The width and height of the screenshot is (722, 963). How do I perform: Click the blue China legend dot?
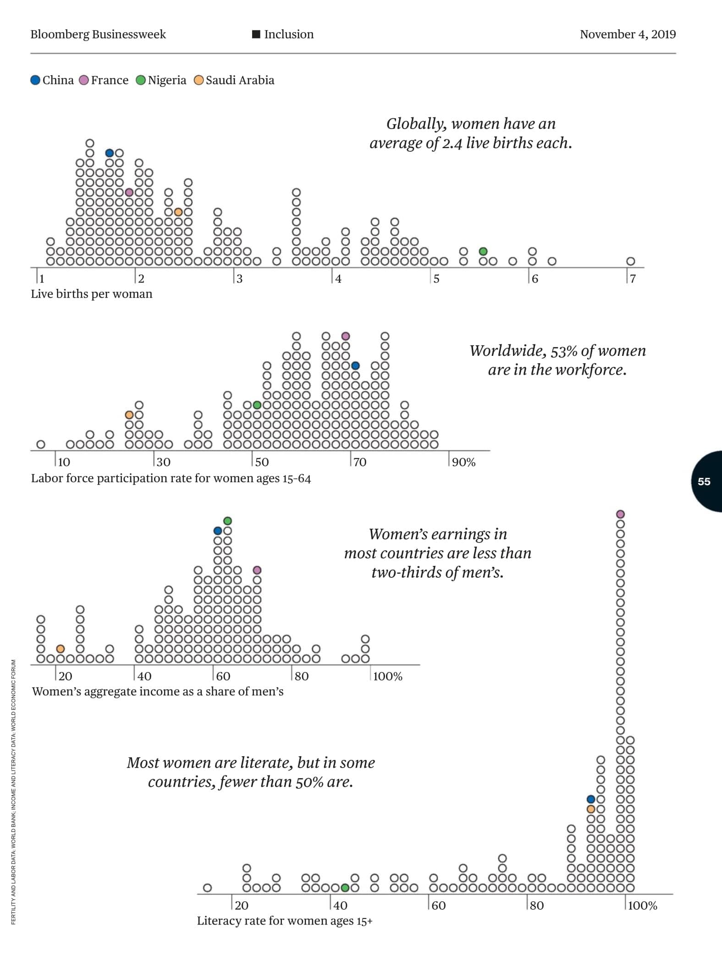[35, 80]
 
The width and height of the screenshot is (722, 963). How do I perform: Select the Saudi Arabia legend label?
[240, 80]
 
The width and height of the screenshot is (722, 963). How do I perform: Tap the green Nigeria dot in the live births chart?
[483, 251]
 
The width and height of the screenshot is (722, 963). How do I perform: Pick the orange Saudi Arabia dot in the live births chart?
[178, 212]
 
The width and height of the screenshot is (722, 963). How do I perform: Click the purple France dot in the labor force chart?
[346, 336]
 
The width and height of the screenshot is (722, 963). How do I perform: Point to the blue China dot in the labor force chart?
[355, 365]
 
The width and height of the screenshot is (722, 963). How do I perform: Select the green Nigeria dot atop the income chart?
[227, 520]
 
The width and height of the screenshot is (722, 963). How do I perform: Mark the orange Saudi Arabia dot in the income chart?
[61, 648]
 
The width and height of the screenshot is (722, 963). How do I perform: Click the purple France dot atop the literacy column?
[620, 514]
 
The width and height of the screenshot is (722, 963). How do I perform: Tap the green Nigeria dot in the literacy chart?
[345, 887]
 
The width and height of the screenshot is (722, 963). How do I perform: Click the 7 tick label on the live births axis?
[633, 279]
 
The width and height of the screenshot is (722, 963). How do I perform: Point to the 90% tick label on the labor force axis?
[463, 462]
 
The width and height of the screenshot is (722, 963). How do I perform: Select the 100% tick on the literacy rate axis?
[642, 905]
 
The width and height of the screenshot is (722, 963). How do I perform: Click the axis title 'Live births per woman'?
[91, 294]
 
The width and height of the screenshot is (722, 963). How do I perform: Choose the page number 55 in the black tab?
[704, 481]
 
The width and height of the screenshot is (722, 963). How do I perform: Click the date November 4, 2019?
[628, 34]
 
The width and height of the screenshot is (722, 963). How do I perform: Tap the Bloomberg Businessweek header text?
[98, 34]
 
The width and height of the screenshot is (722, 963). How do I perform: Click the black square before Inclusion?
[256, 34]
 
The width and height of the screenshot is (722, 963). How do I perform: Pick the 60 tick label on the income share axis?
[223, 676]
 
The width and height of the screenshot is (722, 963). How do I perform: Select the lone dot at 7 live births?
[631, 261]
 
